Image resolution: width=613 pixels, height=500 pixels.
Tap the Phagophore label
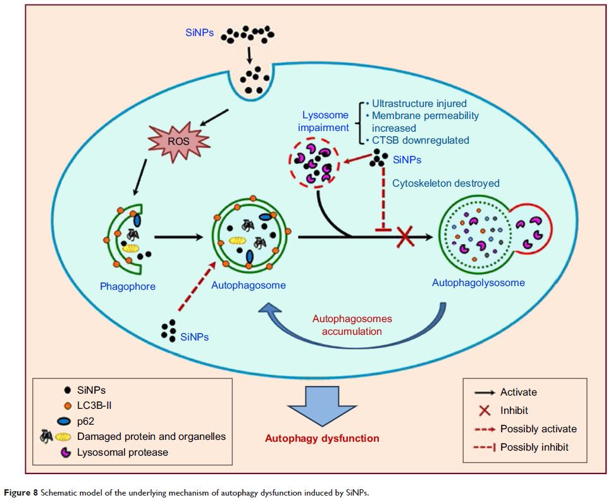128,286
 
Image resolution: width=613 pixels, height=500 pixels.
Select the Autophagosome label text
249,285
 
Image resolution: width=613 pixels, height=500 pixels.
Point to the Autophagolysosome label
478,282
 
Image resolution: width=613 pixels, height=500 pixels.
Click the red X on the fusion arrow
406,237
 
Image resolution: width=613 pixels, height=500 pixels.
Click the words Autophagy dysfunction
322,438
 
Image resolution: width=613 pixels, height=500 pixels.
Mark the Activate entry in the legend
518,392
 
